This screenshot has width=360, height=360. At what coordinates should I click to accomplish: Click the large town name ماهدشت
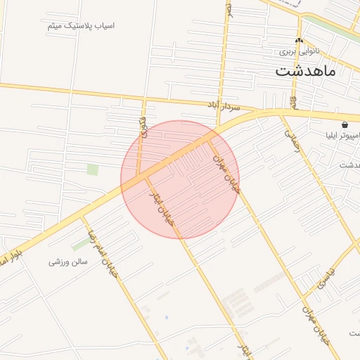pos(305,71)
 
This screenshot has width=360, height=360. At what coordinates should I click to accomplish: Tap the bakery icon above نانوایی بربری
pos(299,41)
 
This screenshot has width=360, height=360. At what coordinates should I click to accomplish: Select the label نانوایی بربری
pos(300,51)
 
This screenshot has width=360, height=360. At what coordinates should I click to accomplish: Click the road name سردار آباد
pos(221,106)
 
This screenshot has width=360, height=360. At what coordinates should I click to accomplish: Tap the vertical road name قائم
pos(293,101)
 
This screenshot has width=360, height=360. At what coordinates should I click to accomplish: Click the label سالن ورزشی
pos(67,262)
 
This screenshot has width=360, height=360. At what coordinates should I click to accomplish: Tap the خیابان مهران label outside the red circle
pos(316,323)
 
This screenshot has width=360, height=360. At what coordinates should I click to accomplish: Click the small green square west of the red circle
pos(92,169)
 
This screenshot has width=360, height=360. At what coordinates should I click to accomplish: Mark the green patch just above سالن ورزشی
pos(80,244)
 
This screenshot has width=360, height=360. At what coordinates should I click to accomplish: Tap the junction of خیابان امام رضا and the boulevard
pos(85,214)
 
